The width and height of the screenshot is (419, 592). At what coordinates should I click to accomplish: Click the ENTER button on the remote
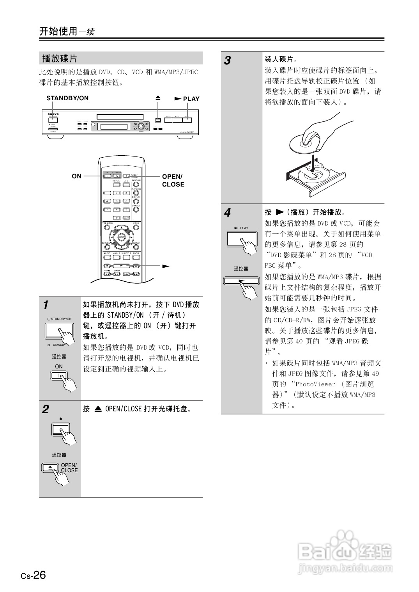point(121,237)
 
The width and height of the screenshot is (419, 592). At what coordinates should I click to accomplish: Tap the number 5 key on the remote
point(117,201)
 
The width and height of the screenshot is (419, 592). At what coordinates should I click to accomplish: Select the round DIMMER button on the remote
point(136,210)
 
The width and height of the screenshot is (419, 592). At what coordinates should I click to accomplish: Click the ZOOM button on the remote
point(136,257)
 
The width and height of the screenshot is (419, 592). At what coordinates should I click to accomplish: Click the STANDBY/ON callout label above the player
point(67,98)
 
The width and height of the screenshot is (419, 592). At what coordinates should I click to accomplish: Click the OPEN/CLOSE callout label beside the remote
point(173,181)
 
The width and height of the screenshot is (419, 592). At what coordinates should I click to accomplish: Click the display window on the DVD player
point(114,126)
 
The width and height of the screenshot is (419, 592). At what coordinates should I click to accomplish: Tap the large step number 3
point(228,61)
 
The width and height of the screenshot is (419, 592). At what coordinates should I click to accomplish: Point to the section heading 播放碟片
point(60,59)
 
